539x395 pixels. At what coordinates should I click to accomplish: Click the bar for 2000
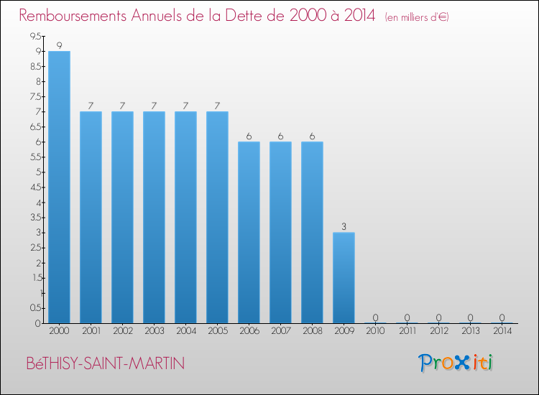click(59, 187)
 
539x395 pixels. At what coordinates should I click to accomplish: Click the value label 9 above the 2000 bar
click(59, 45)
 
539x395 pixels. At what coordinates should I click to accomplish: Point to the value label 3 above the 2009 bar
click(344, 226)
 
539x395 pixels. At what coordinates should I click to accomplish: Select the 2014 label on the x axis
click(502, 332)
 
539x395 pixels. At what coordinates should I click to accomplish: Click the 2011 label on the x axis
click(407, 332)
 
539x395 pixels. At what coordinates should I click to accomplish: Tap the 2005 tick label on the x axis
click(217, 332)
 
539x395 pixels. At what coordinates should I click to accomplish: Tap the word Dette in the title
click(258, 16)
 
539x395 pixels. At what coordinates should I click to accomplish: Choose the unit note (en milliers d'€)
click(418, 17)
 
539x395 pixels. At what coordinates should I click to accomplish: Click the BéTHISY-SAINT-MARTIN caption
click(105, 363)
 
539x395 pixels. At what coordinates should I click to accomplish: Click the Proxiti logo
click(456, 363)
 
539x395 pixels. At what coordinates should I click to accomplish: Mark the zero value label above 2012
click(438, 317)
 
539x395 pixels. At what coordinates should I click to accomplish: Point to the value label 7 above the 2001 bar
click(91, 106)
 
